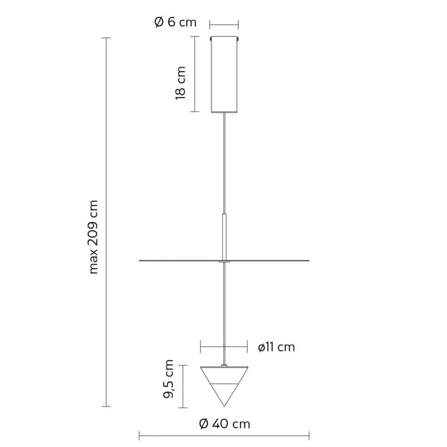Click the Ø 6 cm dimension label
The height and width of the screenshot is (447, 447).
175,22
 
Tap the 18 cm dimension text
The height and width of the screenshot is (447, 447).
180,82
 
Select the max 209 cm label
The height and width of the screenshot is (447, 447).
94,237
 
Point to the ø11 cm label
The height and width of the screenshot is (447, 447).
276,347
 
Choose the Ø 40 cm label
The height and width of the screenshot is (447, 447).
224,424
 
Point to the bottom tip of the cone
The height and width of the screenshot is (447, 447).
224,406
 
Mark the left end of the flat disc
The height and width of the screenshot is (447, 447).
140,260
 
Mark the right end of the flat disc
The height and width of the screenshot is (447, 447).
309,260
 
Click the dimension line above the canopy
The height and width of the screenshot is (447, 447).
224,24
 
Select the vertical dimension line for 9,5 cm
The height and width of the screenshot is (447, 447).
184,386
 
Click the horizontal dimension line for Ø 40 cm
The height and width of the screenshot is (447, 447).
224,436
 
